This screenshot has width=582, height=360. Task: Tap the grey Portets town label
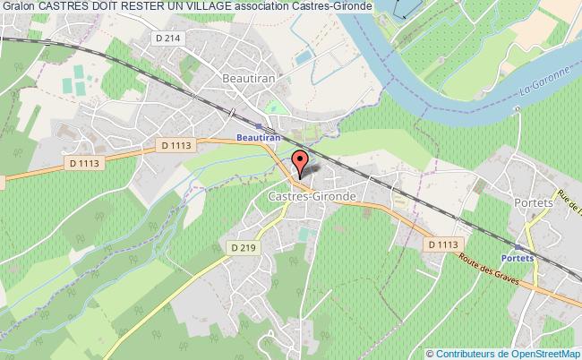(535, 202)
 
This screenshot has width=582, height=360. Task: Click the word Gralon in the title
(19, 7)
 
